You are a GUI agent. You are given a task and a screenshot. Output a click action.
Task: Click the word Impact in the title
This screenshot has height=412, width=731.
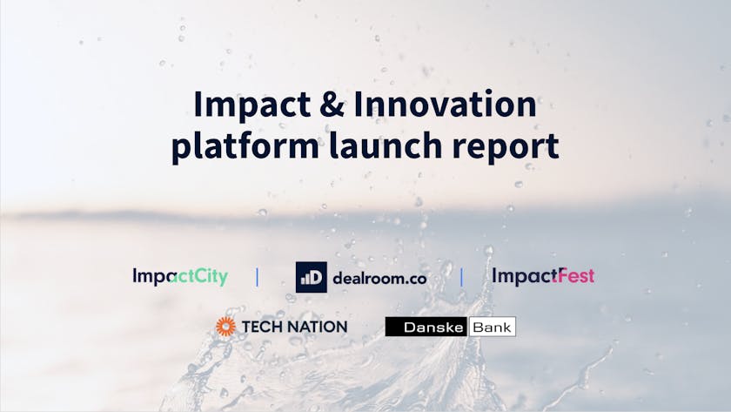252,105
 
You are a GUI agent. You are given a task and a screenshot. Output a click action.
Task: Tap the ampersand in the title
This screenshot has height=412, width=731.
332,104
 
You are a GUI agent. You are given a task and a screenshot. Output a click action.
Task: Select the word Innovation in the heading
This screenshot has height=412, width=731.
446,104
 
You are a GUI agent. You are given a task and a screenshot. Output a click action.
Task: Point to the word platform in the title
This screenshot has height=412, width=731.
245,146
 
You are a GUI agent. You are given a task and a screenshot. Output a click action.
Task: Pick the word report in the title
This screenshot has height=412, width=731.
506,147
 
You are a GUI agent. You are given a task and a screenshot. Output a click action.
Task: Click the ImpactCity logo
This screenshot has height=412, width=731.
180,277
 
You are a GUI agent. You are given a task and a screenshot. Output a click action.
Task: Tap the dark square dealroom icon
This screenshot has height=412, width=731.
312,277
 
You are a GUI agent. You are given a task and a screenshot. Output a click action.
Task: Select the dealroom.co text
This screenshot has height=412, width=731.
379,279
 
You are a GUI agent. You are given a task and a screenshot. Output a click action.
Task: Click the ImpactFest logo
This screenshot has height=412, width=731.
543,276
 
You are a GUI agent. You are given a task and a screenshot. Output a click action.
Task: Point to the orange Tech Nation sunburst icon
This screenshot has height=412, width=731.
225,327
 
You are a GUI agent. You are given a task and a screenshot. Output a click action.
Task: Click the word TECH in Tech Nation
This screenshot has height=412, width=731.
260,327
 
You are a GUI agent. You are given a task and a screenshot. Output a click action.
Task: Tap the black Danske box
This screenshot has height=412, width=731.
426,327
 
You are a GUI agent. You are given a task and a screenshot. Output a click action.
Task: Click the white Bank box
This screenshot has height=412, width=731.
492,327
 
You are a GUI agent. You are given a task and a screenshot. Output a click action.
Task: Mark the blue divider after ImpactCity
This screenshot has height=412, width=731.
257,277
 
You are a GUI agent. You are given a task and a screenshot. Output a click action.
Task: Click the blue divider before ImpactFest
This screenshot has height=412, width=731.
461,277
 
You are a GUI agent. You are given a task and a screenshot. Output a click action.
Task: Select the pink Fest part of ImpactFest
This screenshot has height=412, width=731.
573,275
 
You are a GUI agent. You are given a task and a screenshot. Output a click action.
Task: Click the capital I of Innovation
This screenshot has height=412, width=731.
358,104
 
